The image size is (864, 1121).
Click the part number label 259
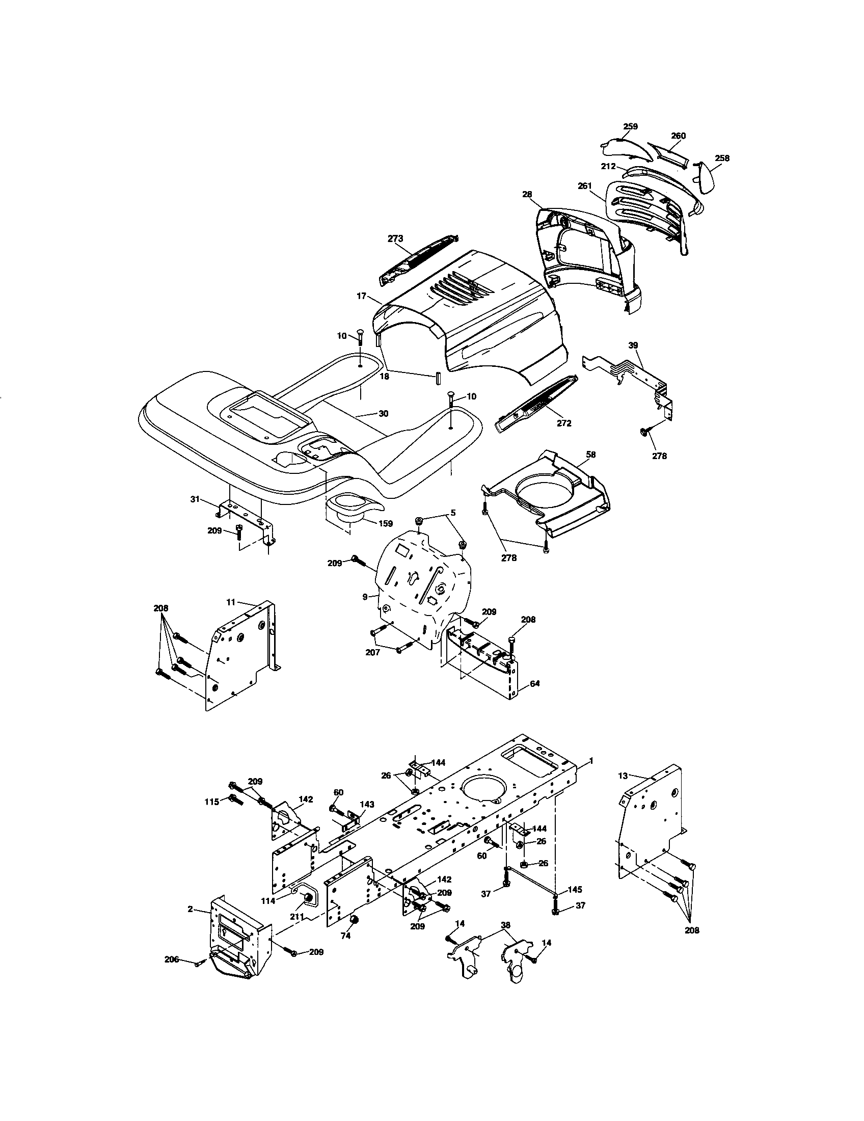(630, 126)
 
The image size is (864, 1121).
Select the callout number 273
(395, 238)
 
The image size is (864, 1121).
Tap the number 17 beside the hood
(361, 296)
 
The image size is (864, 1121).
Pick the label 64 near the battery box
(534, 684)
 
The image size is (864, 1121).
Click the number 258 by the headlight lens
(722, 158)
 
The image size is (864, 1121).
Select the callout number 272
(563, 423)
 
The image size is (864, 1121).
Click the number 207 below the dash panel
(372, 652)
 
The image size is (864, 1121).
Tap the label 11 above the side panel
(231, 600)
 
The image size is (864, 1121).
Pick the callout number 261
(585, 186)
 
